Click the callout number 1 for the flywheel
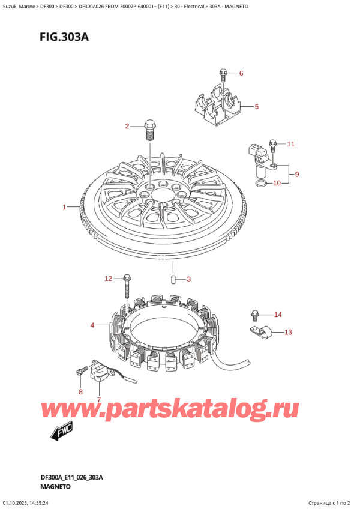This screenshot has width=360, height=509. coord(64,208)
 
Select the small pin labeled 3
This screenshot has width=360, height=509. coord(173,279)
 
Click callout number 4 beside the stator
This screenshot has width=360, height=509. coord(92,325)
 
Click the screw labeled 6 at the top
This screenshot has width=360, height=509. coord(223,75)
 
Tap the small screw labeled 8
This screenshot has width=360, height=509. coord(79,373)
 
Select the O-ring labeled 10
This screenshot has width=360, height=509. coord(262,183)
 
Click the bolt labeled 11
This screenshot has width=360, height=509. coord(273,145)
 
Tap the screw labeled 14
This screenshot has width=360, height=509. coord(255,314)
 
